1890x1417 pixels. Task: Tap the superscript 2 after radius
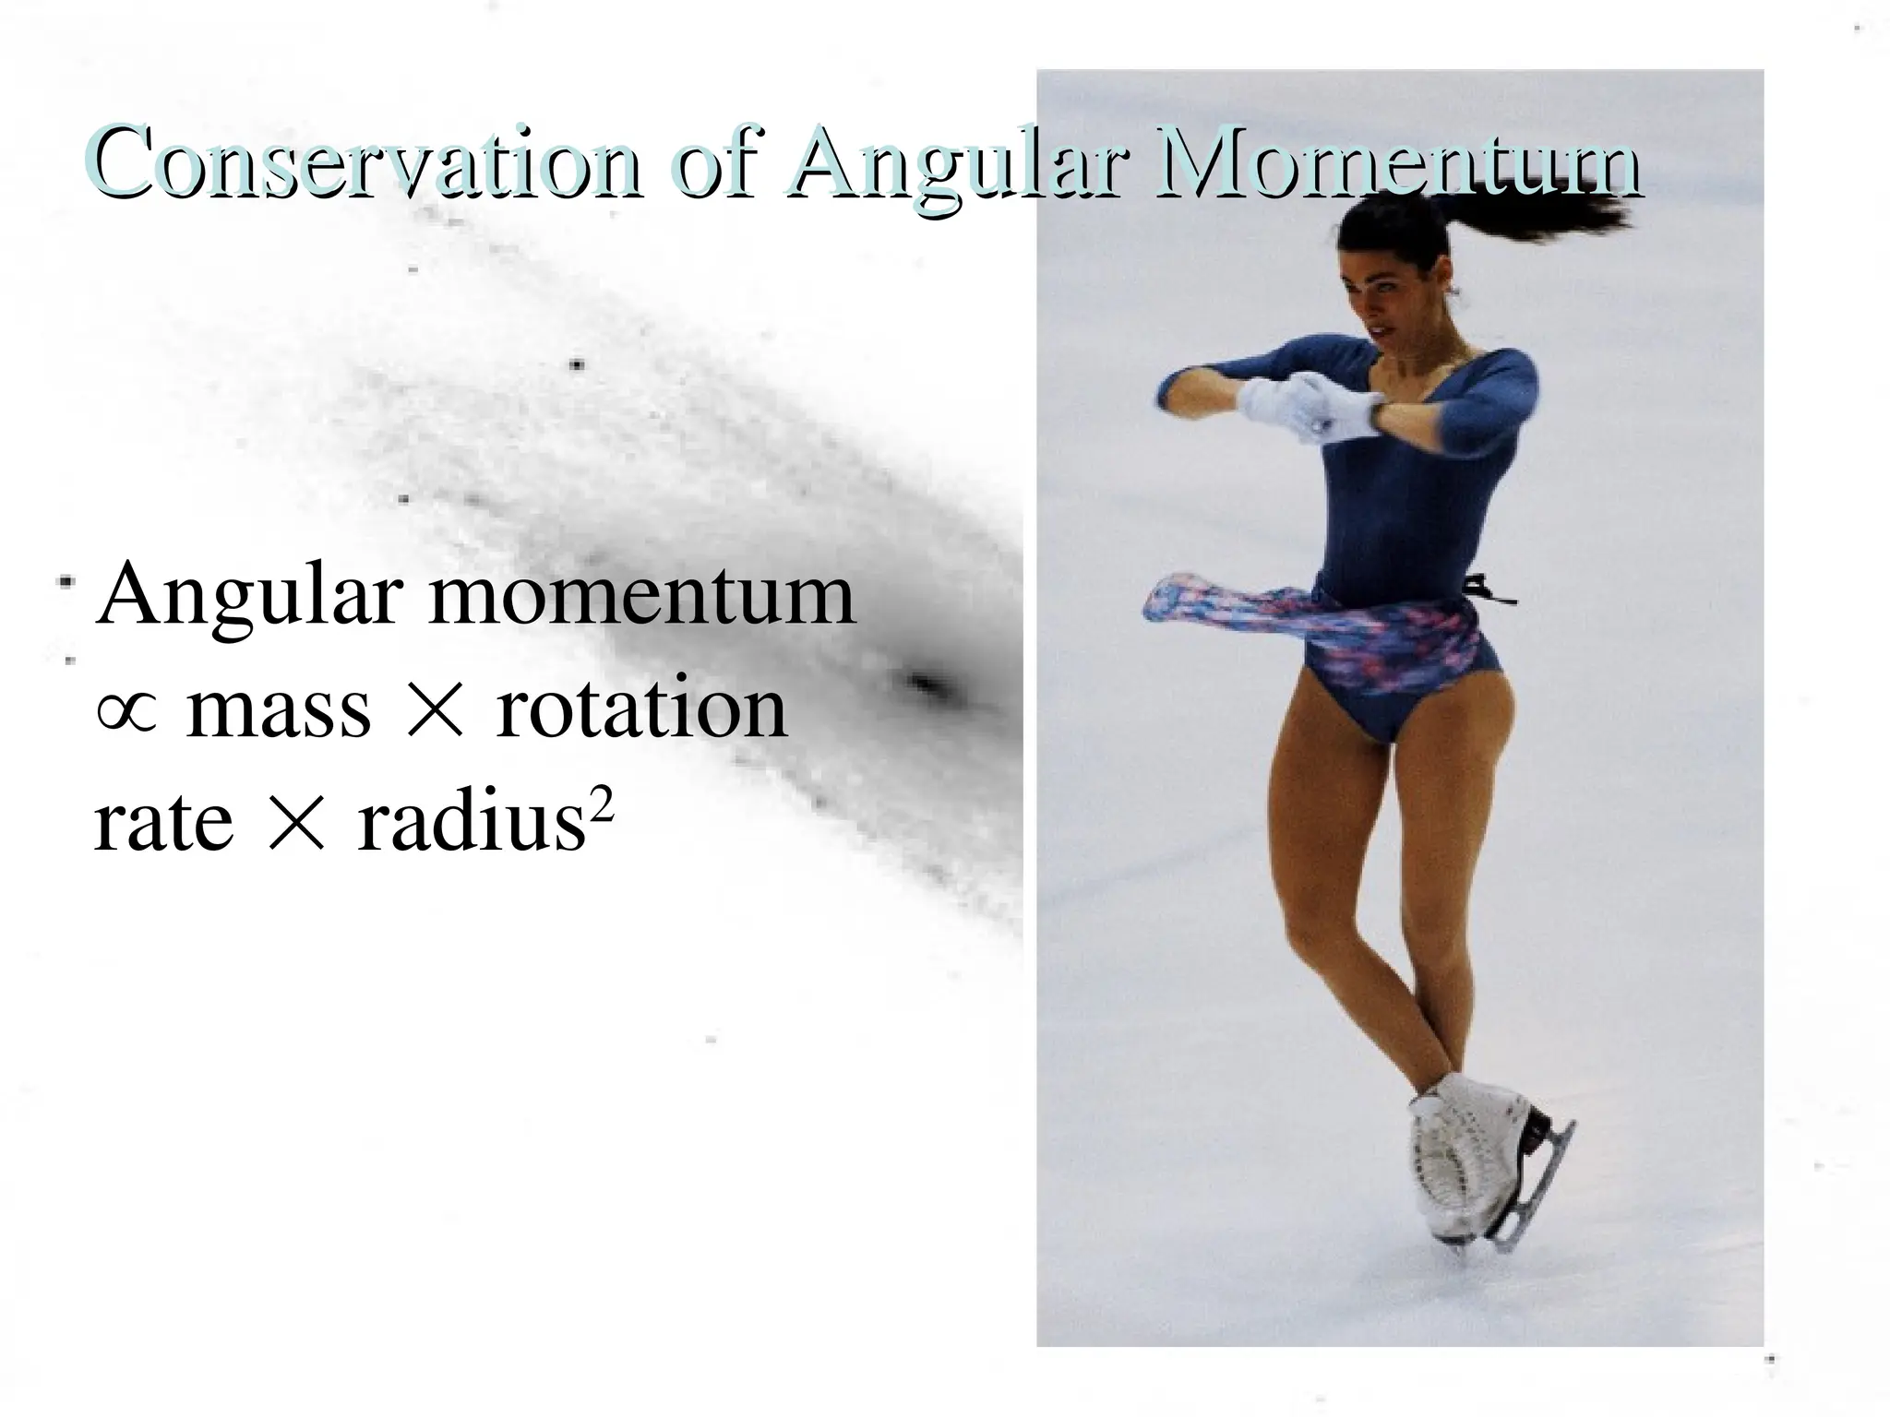pyautogui.click(x=602, y=806)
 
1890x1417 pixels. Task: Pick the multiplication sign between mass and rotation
pyautogui.click(x=433, y=712)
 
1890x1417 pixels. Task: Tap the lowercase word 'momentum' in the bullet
pyautogui.click(x=641, y=596)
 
